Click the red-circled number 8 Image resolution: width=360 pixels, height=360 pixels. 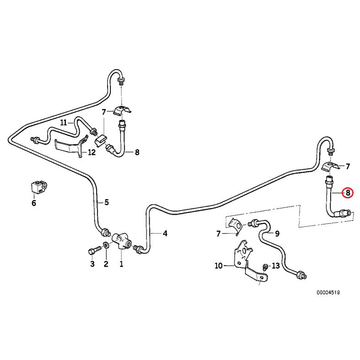(348, 193)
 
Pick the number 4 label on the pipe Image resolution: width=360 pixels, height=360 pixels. (165, 234)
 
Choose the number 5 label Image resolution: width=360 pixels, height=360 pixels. (106, 202)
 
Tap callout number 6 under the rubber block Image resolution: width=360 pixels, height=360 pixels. (33, 203)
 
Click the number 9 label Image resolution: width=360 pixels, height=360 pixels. (277, 234)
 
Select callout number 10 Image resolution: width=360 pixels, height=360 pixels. (218, 265)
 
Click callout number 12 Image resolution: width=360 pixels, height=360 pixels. (92, 153)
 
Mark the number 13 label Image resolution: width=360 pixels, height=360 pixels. (275, 266)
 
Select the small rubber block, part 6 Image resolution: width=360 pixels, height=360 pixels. (37, 187)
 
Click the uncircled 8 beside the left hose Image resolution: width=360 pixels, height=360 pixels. (137, 153)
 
